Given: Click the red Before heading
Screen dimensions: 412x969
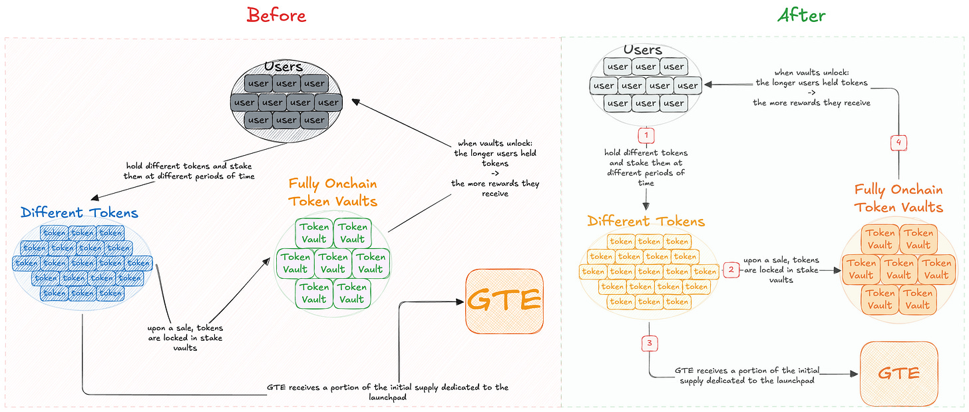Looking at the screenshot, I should pos(276,15).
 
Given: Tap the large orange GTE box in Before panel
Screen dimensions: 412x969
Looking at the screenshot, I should pos(504,301).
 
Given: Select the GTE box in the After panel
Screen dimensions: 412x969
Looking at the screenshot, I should pos(898,374).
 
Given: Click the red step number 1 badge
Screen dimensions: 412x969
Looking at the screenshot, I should pos(646,135).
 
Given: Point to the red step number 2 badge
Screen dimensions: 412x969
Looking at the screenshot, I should pos(731,270).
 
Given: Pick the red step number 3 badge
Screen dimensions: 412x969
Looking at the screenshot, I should pos(650,343).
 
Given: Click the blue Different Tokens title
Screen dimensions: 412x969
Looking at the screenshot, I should pos(80,213).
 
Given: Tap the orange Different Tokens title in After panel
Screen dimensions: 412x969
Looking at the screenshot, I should pos(646,221).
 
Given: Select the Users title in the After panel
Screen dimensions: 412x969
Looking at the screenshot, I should pos(643,50).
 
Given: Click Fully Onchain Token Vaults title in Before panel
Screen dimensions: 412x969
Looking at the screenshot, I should pos(333,192).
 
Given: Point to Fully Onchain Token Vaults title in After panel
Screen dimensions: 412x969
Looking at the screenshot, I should pos(898,198).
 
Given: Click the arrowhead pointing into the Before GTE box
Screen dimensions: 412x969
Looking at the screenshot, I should pos(460,302).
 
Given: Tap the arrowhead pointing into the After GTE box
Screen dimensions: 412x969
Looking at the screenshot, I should pos(855,374).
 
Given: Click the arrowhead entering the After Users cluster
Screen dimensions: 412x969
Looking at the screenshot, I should pos(708,85).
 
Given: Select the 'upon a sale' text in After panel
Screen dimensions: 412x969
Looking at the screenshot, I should pos(781,270).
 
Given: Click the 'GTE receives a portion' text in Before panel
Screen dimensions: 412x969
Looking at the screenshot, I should pos(387,391).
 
